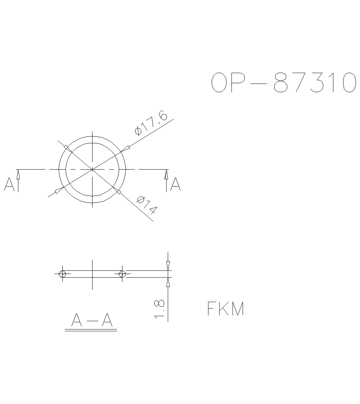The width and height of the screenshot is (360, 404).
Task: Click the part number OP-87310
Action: [x=283, y=82]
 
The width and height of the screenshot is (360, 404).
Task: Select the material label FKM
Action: [x=226, y=309]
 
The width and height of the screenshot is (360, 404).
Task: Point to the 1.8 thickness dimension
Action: [x=159, y=309]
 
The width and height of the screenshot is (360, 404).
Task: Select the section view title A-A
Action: [x=92, y=320]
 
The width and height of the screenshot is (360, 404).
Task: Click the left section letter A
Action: [x=9, y=184]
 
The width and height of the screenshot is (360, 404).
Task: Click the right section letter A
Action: [x=176, y=184]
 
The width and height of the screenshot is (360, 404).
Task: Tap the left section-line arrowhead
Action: [x=18, y=174]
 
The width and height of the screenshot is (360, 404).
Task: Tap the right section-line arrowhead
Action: [x=166, y=174]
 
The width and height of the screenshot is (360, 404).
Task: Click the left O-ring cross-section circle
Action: [x=62, y=274]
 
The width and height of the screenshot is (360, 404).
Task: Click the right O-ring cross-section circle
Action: [x=122, y=274]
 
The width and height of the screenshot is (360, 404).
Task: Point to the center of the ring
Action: [x=93, y=169]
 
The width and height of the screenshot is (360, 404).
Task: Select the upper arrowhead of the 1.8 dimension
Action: [x=168, y=266]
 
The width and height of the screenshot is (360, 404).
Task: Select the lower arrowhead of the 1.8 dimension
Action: [x=168, y=283]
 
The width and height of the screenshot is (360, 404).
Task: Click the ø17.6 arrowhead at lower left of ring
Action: [x=59, y=190]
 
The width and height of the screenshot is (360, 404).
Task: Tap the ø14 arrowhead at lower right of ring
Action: [x=117, y=191]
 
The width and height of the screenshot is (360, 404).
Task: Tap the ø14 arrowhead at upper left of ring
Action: [x=67, y=147]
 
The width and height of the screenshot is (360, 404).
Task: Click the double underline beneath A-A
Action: [x=91, y=330]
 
